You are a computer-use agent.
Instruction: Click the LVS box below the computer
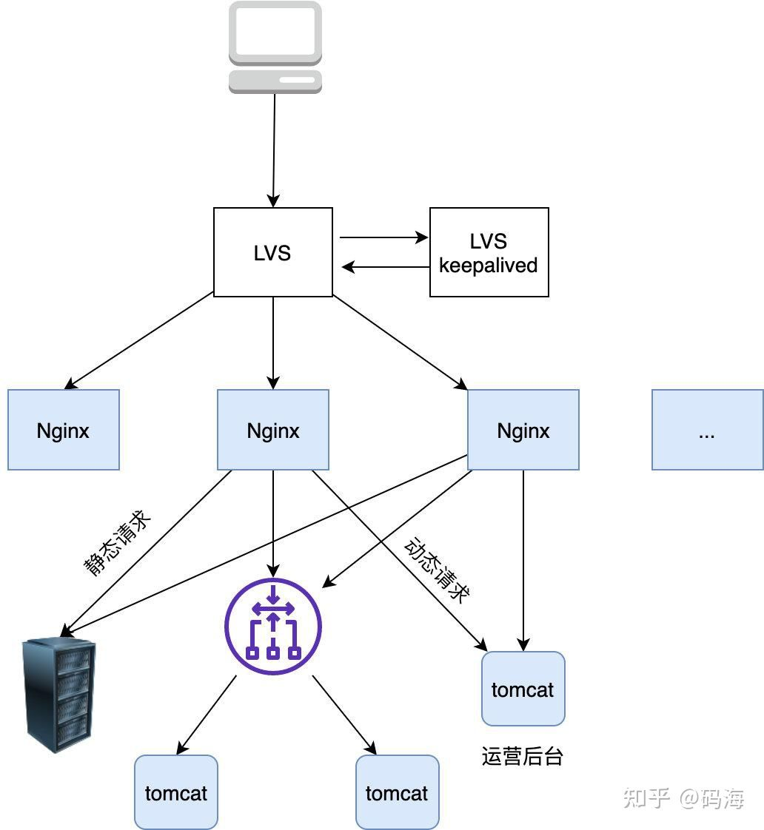[x=272, y=252]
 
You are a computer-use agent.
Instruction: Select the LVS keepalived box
[x=489, y=252]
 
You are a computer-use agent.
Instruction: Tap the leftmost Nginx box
[x=64, y=430]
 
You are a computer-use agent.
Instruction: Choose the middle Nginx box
[x=273, y=430]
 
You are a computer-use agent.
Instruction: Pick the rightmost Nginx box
[x=523, y=430]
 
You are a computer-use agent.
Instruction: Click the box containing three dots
[x=707, y=430]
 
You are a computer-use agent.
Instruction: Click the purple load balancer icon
[x=273, y=626]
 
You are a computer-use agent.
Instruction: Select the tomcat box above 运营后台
[x=523, y=689]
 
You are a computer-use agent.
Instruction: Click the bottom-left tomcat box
[x=176, y=792]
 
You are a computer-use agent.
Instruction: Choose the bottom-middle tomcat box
[x=397, y=792]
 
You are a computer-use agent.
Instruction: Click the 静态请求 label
[x=117, y=542]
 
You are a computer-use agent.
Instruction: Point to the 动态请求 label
[x=438, y=570]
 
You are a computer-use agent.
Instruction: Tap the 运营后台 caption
[x=522, y=756]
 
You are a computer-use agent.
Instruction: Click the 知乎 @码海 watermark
[x=683, y=797]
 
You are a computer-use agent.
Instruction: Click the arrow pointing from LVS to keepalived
[x=384, y=237]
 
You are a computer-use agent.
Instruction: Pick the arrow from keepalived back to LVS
[x=386, y=267]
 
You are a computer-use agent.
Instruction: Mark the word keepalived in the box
[x=489, y=265]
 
